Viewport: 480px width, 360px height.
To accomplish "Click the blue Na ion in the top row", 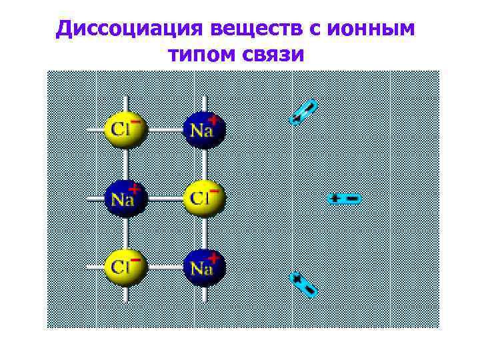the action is (205, 129).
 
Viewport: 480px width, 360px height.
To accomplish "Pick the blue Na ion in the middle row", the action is (125, 199).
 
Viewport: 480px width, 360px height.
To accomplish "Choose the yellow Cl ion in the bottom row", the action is (125, 268).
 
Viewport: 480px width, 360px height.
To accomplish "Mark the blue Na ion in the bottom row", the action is (205, 268).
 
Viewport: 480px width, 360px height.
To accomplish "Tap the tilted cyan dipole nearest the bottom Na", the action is (303, 285).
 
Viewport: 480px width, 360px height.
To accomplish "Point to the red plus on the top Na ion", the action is (213, 120).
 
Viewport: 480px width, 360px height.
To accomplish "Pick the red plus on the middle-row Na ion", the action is (133, 189).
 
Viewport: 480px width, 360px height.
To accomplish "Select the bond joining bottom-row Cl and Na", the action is (165, 269).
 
